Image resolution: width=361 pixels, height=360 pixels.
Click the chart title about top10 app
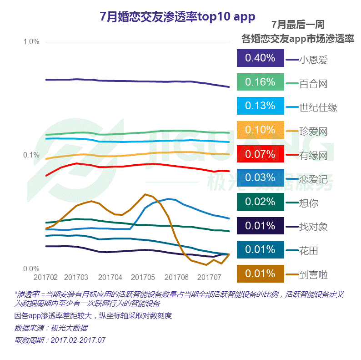[177, 17]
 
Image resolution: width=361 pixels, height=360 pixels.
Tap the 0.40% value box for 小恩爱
[260, 58]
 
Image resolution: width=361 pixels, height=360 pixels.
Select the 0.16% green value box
[260, 82]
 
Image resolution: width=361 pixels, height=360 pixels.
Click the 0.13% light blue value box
[260, 106]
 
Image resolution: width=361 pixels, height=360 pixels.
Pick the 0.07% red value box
[260, 154]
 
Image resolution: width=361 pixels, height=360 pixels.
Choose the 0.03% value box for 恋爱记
[260, 178]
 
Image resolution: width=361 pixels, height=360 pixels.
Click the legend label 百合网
[314, 84]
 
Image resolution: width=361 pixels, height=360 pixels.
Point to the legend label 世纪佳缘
[318, 108]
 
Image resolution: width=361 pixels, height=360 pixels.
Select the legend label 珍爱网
[314, 132]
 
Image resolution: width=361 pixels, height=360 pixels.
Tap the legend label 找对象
[314, 227]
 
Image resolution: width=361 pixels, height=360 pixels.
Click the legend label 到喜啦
[314, 274]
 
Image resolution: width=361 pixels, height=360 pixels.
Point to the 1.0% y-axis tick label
[31, 41]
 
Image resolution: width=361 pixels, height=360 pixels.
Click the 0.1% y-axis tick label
[31, 155]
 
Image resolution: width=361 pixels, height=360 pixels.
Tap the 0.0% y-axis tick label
[31, 269]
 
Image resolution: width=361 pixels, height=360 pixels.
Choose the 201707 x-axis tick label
[209, 277]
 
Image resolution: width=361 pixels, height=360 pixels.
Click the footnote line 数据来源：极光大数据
[51, 328]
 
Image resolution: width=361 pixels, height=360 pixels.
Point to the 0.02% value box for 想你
[260, 202]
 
